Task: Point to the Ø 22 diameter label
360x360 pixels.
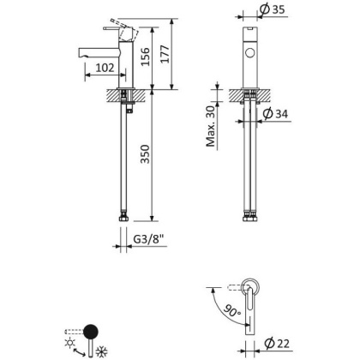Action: [273, 345]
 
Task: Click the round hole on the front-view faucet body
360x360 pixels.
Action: [251, 54]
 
